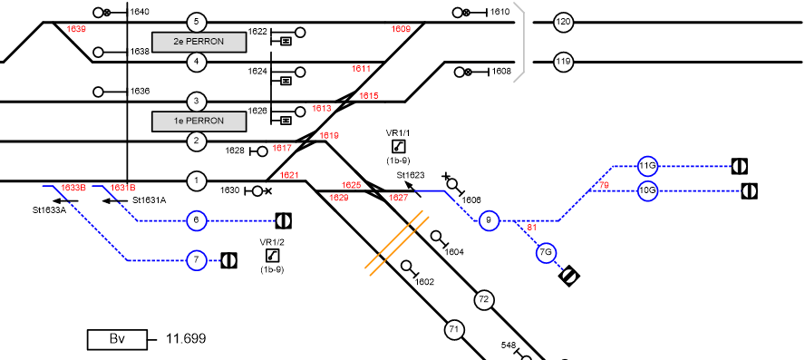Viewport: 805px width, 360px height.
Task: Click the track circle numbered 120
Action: [563, 22]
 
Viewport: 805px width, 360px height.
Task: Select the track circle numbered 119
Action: [563, 63]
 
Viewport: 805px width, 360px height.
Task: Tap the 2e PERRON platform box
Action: [199, 42]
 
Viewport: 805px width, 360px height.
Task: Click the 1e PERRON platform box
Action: [199, 122]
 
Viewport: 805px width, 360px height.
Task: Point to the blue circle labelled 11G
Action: [647, 166]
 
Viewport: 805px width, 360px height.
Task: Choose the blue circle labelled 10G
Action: [647, 191]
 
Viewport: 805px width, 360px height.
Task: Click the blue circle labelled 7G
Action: [547, 253]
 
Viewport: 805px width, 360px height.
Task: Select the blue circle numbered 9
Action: [489, 221]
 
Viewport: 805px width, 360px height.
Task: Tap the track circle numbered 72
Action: [483, 300]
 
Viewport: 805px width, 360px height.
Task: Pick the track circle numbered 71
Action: [453, 329]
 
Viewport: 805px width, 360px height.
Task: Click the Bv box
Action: [118, 339]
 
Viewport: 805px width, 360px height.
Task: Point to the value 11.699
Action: [186, 339]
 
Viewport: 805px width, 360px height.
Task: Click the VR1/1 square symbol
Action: [398, 147]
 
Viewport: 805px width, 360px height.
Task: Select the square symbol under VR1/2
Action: [272, 255]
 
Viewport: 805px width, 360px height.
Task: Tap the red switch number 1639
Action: [76, 29]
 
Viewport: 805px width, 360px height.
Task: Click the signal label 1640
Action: [140, 12]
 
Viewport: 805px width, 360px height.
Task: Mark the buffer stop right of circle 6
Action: [284, 221]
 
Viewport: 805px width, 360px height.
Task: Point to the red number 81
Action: [532, 227]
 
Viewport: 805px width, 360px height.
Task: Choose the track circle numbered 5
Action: [196, 22]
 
